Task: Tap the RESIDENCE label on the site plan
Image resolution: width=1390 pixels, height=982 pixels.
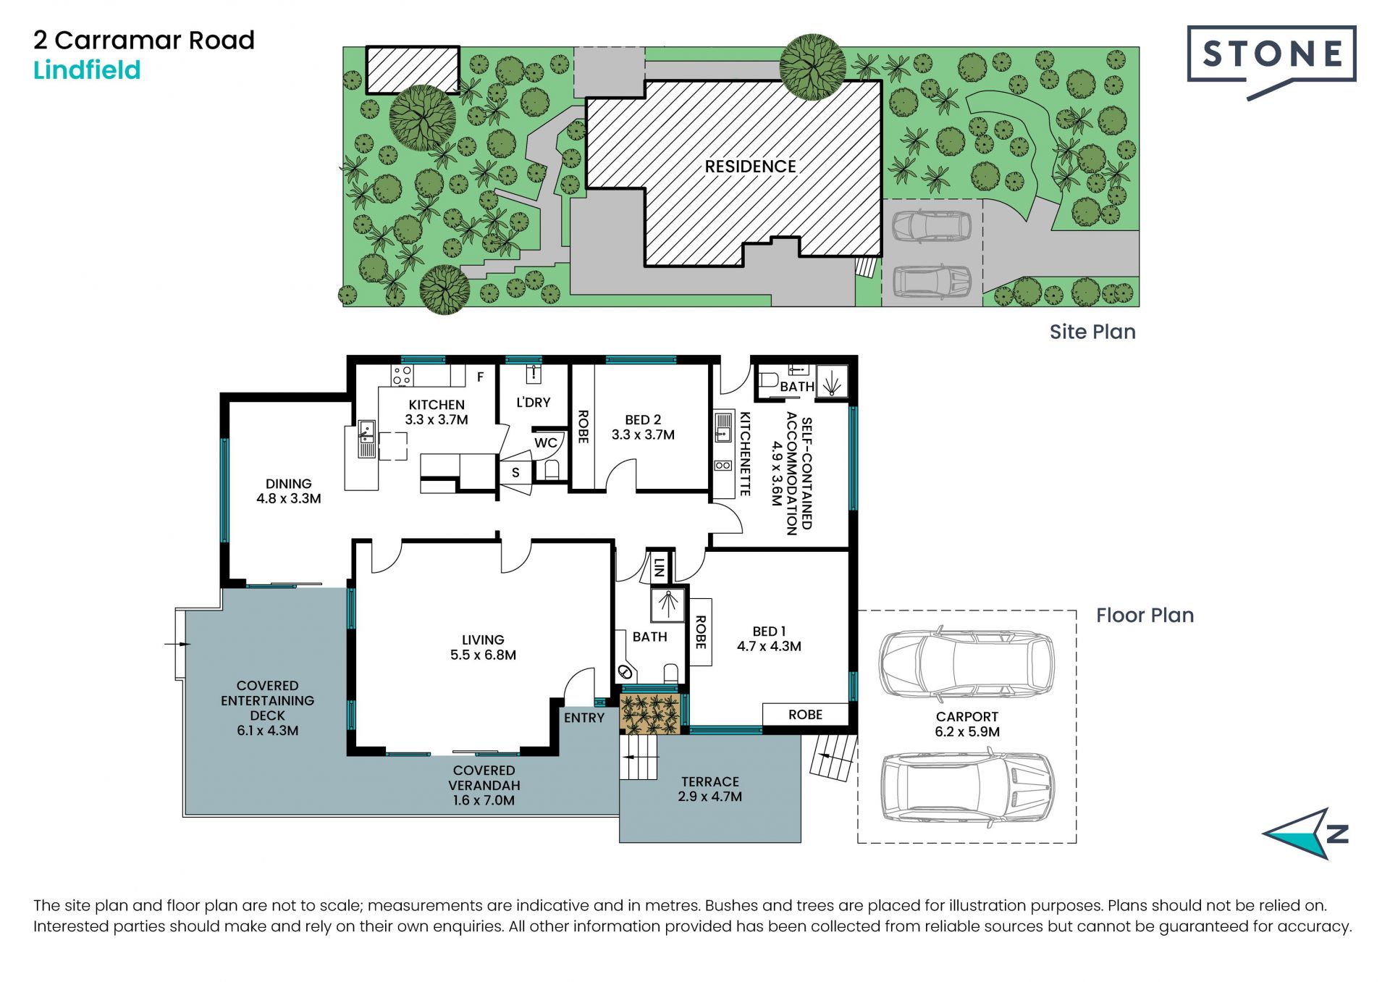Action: [x=750, y=167]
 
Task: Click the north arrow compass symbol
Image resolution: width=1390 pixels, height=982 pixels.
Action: [x=1307, y=834]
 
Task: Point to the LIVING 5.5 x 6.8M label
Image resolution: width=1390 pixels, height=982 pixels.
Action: [x=483, y=647]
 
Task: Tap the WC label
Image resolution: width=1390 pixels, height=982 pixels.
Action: [x=546, y=443]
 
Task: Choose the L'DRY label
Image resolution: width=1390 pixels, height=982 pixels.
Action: [x=534, y=403]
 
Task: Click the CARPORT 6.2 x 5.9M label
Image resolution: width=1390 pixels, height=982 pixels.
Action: [x=967, y=724]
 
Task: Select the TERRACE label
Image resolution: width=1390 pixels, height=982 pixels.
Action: [x=710, y=781]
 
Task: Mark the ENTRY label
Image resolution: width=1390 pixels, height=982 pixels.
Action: [x=584, y=718]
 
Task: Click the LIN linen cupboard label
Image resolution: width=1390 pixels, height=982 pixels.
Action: [x=658, y=567]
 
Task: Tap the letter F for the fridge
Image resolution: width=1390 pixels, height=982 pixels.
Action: [x=480, y=377]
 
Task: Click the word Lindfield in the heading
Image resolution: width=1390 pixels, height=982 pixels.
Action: [x=87, y=70]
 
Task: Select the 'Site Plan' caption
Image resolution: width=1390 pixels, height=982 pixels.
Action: [x=1092, y=332]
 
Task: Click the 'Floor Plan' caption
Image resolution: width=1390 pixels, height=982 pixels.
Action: [x=1145, y=616]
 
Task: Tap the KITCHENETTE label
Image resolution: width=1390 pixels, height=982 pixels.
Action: [x=745, y=454]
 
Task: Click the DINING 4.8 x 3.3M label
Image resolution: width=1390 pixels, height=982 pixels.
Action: [x=288, y=491]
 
